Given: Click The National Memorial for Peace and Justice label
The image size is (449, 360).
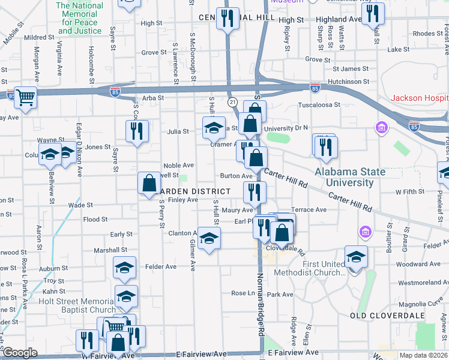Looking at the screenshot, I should pos(80,18).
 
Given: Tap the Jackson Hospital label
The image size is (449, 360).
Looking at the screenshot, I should pos(420,98).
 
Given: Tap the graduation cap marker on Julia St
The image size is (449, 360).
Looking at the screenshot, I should pos(213,127).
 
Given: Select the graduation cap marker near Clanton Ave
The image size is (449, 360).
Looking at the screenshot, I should pos(209,238).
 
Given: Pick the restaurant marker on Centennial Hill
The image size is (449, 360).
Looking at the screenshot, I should pos(228,18).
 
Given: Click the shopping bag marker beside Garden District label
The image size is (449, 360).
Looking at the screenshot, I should pos(148,184).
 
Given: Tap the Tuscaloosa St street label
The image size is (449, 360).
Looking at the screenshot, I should pos(319,104).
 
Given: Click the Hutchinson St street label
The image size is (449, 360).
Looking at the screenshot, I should pos(351,81).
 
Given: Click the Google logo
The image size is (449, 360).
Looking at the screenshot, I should pos(20,353).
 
